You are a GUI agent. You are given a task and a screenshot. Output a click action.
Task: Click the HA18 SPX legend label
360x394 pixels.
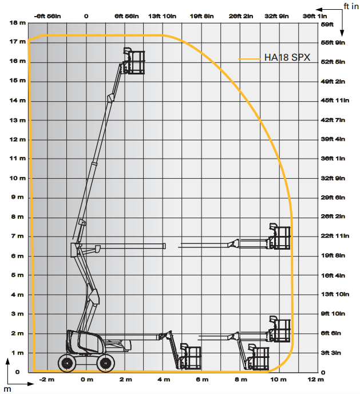pos(287,57)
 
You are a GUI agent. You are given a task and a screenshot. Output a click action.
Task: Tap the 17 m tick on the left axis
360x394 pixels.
pos(18,42)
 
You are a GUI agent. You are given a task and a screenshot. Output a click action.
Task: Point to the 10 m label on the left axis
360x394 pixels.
pos(18,178)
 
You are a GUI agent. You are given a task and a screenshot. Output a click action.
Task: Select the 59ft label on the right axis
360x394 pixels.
pos(327,25)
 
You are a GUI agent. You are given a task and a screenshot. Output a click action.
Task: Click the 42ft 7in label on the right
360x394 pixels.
pos(333,120)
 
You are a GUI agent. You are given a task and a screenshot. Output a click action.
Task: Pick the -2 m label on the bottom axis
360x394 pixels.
pos(47,380)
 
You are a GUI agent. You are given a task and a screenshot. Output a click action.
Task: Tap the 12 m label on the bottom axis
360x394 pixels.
pos(316,380)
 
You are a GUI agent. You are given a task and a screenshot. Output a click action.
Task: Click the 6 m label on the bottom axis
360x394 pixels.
pos(202,380)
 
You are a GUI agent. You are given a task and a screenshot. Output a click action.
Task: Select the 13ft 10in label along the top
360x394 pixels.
pos(162,17)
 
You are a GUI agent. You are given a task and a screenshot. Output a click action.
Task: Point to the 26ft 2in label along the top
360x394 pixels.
pos(241,17)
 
